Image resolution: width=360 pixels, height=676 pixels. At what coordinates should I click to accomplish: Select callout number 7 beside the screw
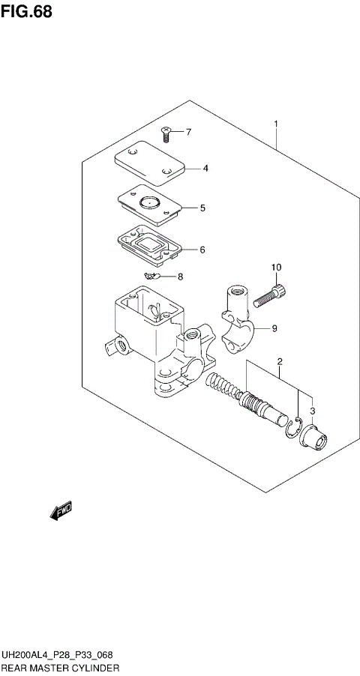(188, 133)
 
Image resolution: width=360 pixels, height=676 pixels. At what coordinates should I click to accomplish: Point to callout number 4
(205, 168)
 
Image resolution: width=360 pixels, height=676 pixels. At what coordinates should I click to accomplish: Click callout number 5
(202, 208)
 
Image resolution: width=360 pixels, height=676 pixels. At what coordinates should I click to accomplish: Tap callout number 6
(202, 250)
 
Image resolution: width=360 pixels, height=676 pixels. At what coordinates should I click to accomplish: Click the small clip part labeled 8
(154, 277)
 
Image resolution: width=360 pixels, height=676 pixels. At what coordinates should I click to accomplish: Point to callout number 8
(180, 277)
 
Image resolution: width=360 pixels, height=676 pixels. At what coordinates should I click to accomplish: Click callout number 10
(276, 268)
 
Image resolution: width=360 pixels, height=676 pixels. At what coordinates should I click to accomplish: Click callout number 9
(274, 328)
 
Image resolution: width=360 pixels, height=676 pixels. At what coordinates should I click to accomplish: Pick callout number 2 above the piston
(279, 363)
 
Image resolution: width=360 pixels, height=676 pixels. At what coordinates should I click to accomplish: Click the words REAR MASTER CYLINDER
(60, 666)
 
